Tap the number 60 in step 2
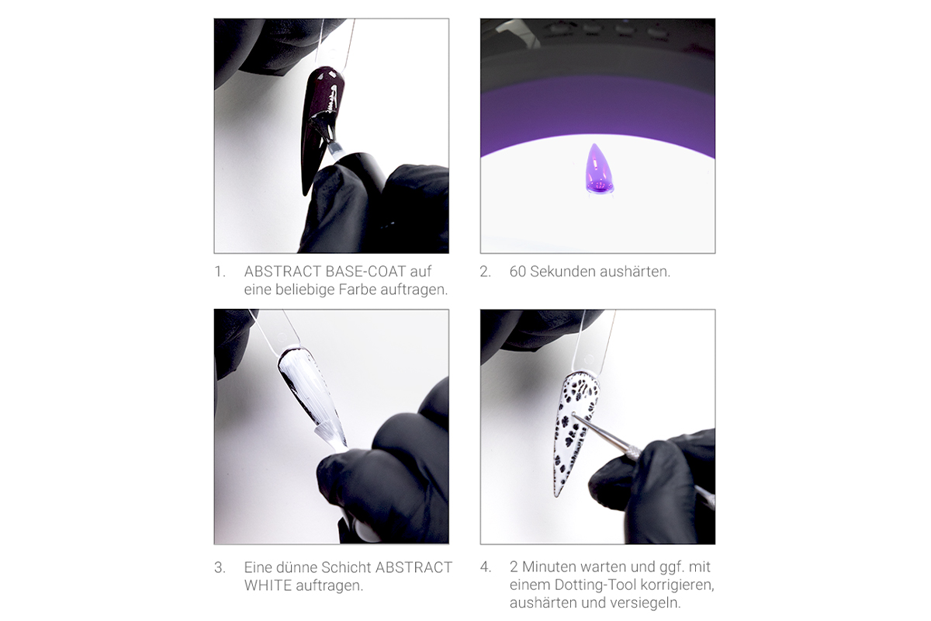pyautogui.click(x=518, y=272)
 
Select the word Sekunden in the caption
pyautogui.click(x=561, y=272)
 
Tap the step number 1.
pyautogui.click(x=220, y=272)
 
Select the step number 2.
pyautogui.click(x=485, y=272)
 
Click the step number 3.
pyautogui.click(x=220, y=567)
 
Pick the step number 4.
pyautogui.click(x=486, y=567)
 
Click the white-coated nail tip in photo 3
pyautogui.click(x=308, y=388)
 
